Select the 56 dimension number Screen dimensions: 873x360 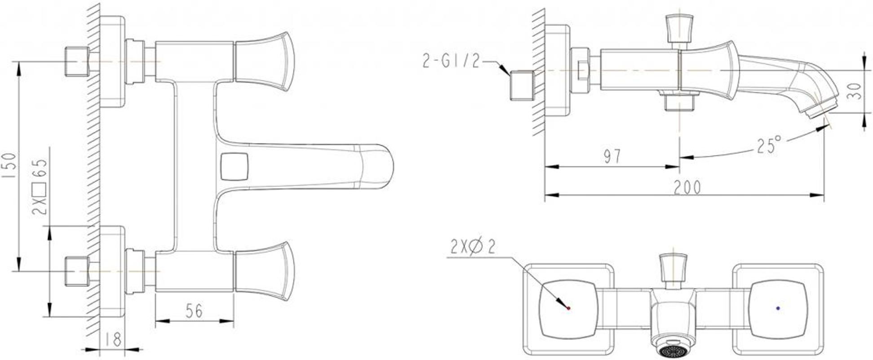click(194, 311)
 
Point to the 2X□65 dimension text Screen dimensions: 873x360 click(40, 187)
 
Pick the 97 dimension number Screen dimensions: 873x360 click(612, 156)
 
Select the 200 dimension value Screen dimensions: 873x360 click(687, 187)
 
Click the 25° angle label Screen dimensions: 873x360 click(769, 146)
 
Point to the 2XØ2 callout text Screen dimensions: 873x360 click(473, 247)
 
